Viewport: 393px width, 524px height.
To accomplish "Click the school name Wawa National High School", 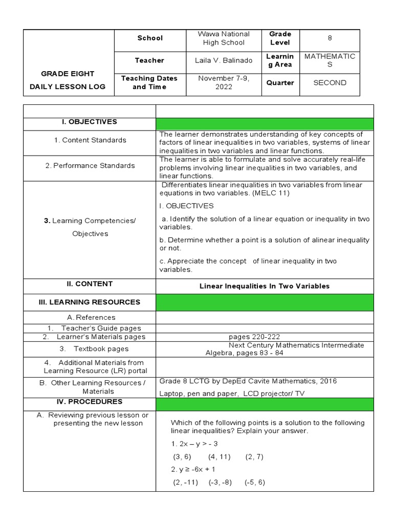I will point(221,38).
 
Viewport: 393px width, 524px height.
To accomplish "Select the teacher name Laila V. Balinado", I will point(223,60).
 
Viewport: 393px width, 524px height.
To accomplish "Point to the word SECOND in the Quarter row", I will point(330,82).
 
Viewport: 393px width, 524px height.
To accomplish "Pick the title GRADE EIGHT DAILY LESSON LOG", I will point(69,80).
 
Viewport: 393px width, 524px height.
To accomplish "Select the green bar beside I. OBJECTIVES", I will point(265,124).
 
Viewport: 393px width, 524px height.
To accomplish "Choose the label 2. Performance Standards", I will point(90,165).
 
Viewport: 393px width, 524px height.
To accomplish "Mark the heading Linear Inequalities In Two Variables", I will point(265,286).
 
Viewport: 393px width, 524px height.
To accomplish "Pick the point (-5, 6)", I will point(254,483).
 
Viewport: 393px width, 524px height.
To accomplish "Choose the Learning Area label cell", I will point(279,60).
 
